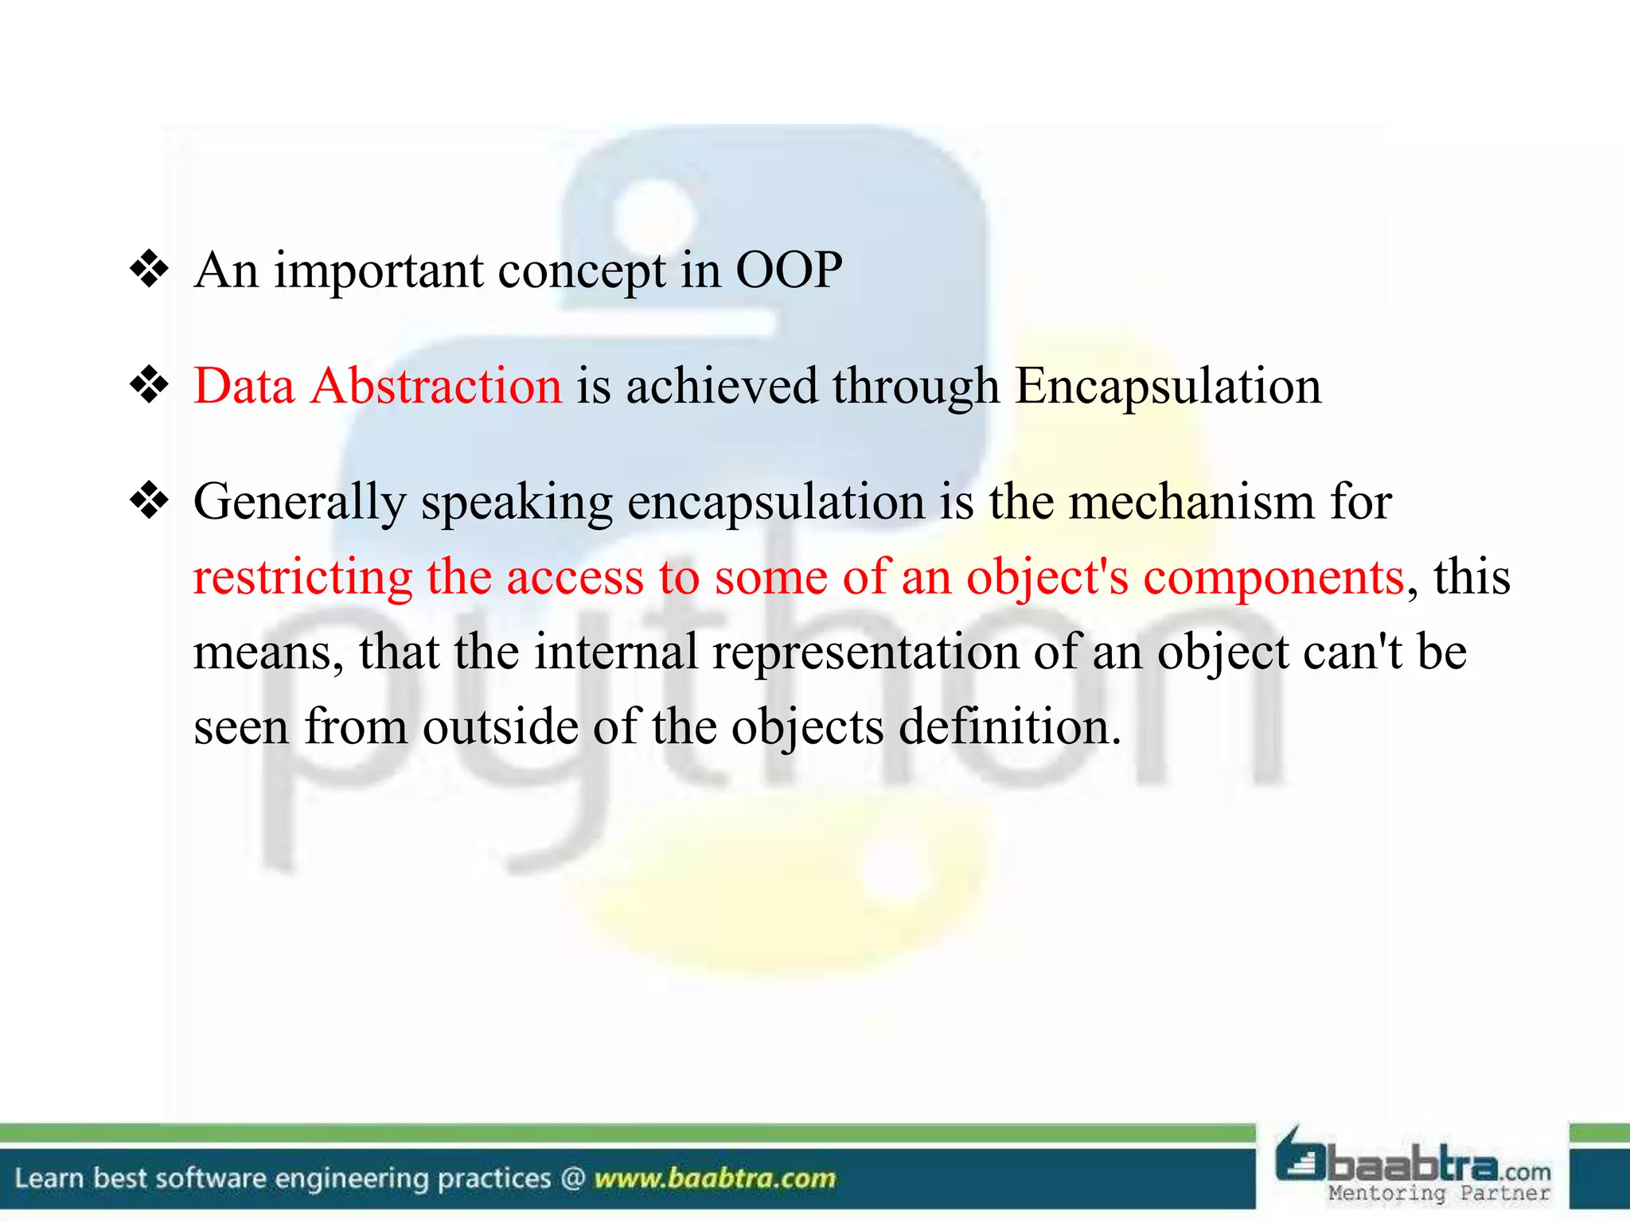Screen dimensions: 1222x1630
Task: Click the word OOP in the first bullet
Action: (788, 270)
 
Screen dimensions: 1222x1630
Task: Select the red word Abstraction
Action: (436, 387)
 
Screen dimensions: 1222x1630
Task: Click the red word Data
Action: (244, 387)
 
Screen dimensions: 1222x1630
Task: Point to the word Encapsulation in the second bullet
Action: (1168, 387)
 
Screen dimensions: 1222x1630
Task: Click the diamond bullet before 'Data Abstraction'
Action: (150, 387)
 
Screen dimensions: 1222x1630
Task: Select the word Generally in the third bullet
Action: (299, 504)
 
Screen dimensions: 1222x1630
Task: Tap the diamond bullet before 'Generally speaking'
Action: (150, 502)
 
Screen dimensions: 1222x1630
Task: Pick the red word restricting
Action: (302, 578)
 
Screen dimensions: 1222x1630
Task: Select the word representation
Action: (865, 652)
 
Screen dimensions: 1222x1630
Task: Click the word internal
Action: (615, 652)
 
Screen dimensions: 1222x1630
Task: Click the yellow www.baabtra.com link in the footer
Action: (715, 1178)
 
